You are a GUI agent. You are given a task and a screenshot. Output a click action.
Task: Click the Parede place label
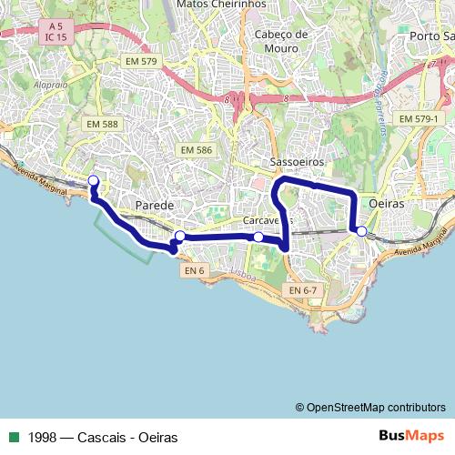[154, 207]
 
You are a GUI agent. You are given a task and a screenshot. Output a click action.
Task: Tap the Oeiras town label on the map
[388, 204]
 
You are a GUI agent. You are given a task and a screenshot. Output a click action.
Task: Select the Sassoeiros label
[292, 162]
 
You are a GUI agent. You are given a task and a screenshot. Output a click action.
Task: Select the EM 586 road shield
[196, 149]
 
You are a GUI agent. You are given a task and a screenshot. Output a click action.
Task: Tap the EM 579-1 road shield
[419, 119]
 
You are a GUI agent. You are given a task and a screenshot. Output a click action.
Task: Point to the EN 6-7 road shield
[302, 289]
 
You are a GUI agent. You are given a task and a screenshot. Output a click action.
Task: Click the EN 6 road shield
[194, 270]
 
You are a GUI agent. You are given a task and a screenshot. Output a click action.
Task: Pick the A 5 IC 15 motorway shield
[57, 32]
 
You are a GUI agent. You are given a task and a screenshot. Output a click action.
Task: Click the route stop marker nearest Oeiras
[361, 232]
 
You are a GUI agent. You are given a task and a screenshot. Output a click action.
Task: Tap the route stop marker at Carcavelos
[258, 238]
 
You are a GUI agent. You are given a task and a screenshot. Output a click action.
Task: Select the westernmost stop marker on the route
[93, 179]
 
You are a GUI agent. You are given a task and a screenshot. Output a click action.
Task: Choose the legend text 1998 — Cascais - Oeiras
[102, 437]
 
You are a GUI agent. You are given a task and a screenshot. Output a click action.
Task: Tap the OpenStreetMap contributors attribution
[370, 408]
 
